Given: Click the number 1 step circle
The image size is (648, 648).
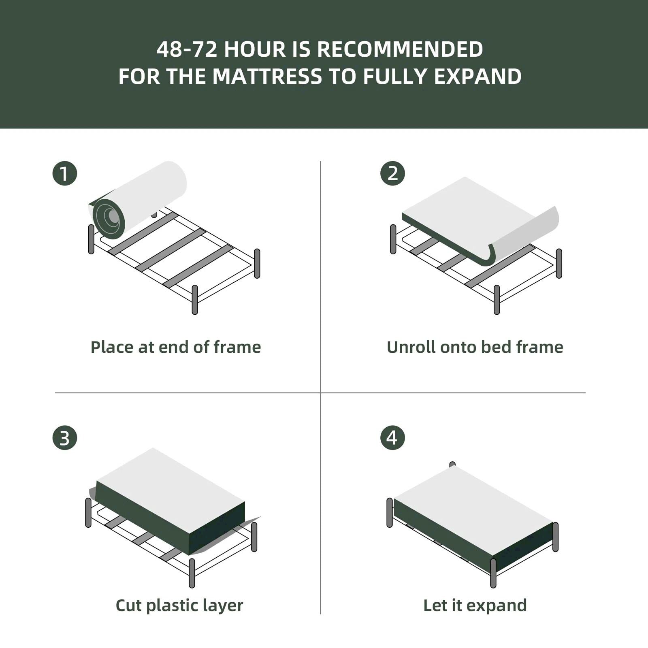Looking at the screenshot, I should coord(65,174).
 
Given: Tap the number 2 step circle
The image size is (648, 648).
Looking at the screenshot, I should coord(392,174).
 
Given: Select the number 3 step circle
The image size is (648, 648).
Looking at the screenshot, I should coord(65,438).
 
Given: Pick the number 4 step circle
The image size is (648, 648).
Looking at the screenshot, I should coord(392,438).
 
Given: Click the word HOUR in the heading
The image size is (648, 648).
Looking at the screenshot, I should coord(255,49).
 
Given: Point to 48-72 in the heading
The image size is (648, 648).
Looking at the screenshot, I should coord(187,49).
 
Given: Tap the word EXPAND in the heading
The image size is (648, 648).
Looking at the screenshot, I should coord(477,77).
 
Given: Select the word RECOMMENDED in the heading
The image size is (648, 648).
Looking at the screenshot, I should coord(400,49).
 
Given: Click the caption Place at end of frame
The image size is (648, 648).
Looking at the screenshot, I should coord(175,347).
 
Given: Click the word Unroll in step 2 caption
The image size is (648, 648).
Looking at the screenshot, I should coord(411,347).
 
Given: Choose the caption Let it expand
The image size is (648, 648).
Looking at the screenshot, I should coord(475,605).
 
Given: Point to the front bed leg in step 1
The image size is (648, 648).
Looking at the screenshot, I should coord(195,300).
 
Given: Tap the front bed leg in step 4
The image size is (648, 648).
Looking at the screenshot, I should coord(493,573).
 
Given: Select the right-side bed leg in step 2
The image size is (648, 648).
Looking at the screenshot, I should coord(559,264).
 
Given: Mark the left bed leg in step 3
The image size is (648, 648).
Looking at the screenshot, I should coord(88,513).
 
